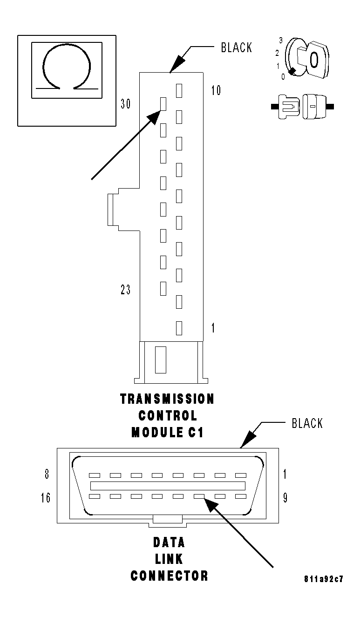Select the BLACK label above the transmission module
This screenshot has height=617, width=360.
point(237,47)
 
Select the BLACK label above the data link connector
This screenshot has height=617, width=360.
point(307,423)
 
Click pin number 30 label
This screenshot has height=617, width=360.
point(125,104)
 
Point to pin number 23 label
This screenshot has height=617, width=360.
point(125,290)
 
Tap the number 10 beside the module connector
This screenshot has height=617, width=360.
point(216,90)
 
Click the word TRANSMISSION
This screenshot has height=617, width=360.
point(167,399)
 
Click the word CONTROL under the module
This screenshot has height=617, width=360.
point(168,415)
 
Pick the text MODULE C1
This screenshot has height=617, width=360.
point(168,432)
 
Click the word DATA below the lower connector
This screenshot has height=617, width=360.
point(169,542)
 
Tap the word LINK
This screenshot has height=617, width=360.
point(169,559)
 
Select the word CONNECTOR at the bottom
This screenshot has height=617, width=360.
point(169,576)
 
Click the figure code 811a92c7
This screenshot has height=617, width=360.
point(324,580)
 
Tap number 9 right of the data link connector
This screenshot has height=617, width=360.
point(285,498)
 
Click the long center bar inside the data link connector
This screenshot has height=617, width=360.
point(168,486)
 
